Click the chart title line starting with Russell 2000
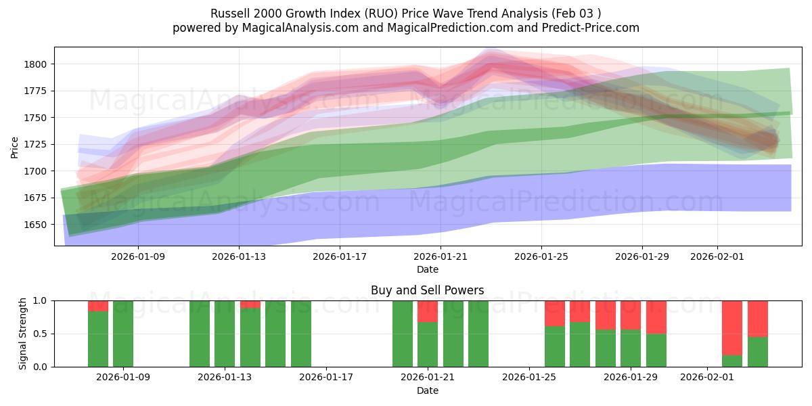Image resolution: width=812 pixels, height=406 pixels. coord(405,14)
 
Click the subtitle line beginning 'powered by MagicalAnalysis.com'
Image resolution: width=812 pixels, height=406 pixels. coord(405,28)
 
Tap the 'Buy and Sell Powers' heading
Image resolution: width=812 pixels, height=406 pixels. coord(427,290)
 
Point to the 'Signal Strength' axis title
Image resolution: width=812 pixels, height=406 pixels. coord(23,334)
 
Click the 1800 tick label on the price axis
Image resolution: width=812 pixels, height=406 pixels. coord(38,64)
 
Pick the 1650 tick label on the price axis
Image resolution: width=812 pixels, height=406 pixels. coord(38,225)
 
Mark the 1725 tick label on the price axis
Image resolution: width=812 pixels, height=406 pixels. coord(38,144)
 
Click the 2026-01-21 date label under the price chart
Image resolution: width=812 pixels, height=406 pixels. coord(441,256)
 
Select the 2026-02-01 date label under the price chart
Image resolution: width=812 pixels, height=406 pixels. coord(717,256)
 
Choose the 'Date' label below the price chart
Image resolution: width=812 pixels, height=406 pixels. coord(427,269)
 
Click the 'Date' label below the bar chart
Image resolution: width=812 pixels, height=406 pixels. coord(427,390)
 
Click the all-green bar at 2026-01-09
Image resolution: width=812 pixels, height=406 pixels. coord(123,334)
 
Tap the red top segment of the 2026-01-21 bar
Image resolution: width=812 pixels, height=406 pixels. coord(428,311)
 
